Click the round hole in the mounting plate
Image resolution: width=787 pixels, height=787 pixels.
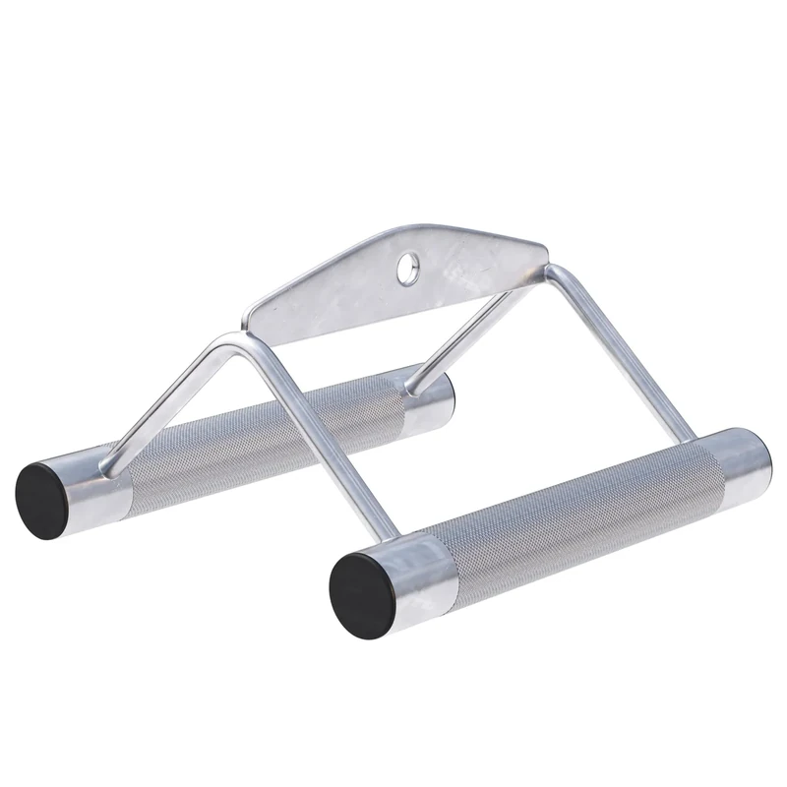pos(407,263)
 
